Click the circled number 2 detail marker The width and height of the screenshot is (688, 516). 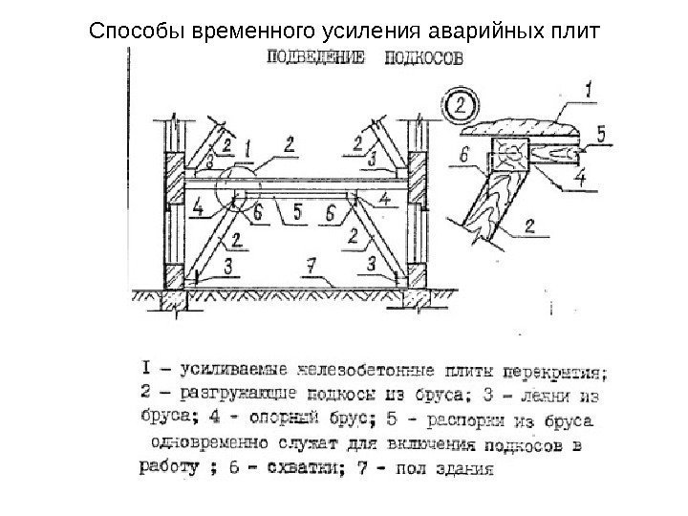coord(461,103)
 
